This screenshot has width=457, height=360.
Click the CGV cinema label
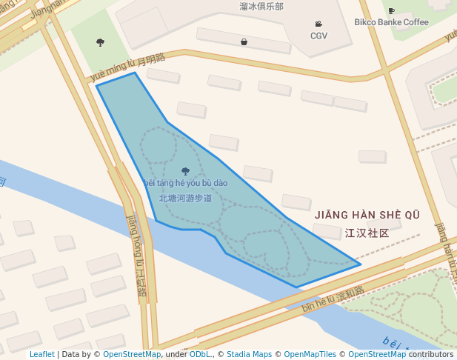click(x=318, y=36)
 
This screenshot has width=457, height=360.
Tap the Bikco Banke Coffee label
click(x=391, y=22)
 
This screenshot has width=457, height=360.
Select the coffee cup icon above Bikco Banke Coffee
click(x=391, y=10)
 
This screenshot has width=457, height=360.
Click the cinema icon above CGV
click(x=318, y=24)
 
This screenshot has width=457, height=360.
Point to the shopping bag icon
click(x=244, y=42)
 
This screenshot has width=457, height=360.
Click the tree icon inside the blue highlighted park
click(x=185, y=171)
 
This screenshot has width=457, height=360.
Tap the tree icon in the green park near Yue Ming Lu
click(x=100, y=42)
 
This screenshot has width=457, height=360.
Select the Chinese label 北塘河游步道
click(x=185, y=199)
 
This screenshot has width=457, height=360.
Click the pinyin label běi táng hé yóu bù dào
click(x=185, y=183)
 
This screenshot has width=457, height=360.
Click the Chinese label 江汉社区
click(x=367, y=233)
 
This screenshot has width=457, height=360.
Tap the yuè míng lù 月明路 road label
click(x=127, y=67)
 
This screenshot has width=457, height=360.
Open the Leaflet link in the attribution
click(x=41, y=355)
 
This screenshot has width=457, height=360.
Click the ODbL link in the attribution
click(x=200, y=355)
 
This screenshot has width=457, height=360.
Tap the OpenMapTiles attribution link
click(x=310, y=355)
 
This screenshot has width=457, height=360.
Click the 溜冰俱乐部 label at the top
click(x=261, y=6)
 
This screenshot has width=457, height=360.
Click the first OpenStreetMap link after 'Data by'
click(x=132, y=355)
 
